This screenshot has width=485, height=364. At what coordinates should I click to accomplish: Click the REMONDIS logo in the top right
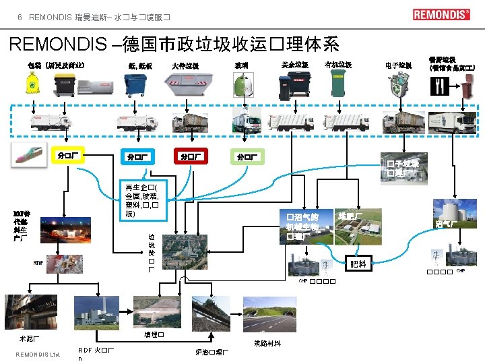coord(441,15)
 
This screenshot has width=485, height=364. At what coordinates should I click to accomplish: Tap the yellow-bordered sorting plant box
coord(69,156)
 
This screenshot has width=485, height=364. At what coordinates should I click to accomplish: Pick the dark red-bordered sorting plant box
coord(189,156)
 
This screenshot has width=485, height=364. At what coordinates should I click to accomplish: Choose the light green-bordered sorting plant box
coord(247,157)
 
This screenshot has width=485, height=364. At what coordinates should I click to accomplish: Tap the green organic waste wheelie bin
coord(337,84)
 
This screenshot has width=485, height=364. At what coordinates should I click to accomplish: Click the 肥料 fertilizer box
coord(358,264)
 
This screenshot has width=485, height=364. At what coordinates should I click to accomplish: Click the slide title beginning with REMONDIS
coord(174,44)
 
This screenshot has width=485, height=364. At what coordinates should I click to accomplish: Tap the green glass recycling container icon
coord(243,86)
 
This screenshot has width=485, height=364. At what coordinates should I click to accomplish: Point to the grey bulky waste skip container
coord(188,86)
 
